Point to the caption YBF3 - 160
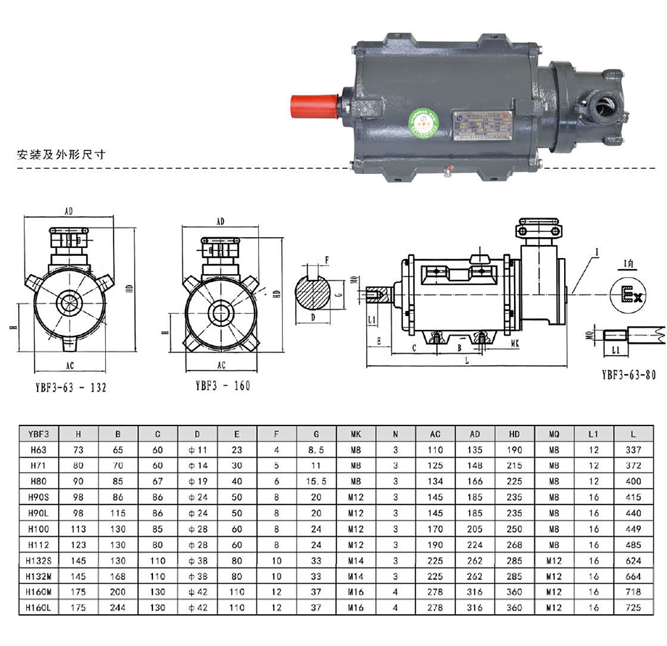point(222,386)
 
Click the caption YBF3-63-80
point(629,375)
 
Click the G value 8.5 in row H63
point(317,450)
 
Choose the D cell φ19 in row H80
point(198,481)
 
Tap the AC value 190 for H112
point(434,544)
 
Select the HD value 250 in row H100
point(515,529)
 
